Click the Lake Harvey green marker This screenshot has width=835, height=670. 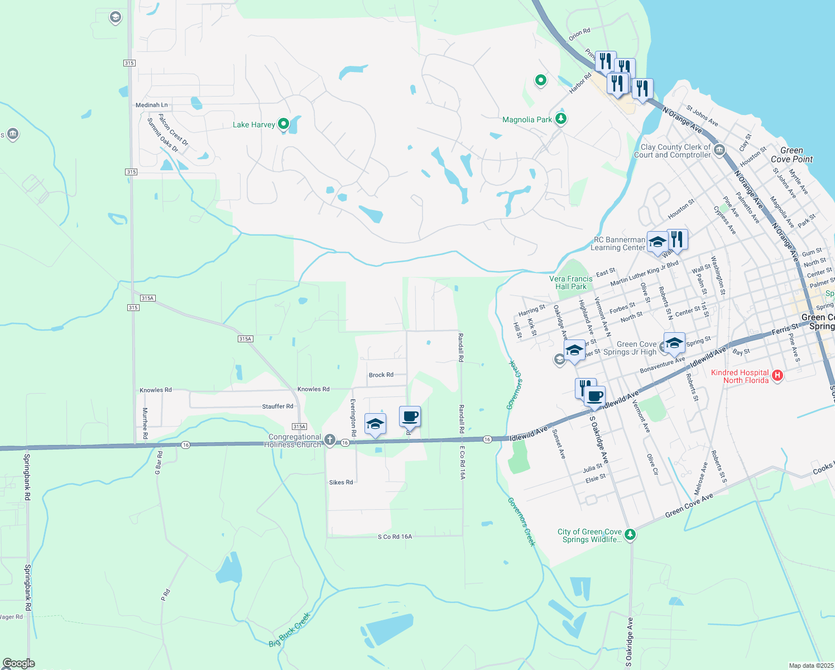click(x=283, y=123)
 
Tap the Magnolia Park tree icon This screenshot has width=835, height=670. click(x=561, y=119)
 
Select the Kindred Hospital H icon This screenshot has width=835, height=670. click(x=778, y=376)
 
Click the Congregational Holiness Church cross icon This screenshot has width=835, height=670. click(x=330, y=441)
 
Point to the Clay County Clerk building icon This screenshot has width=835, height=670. click(x=719, y=150)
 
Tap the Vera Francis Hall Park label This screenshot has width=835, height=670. click(x=571, y=283)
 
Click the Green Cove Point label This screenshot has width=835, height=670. click(x=791, y=155)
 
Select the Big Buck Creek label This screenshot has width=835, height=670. click(x=289, y=630)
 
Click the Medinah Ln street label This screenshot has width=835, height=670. click(x=151, y=105)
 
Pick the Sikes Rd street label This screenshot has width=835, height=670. click(x=341, y=482)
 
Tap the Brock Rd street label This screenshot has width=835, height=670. click(x=381, y=375)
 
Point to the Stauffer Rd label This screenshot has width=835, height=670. click(x=277, y=406)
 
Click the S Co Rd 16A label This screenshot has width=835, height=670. click(x=395, y=537)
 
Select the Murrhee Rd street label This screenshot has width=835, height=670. click(x=145, y=423)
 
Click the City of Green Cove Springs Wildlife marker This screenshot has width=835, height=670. click(x=630, y=534)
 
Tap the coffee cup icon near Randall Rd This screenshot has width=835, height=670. click(x=410, y=417)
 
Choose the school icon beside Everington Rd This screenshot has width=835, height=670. click(x=375, y=424)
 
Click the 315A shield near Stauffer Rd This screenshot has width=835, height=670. click(x=299, y=427)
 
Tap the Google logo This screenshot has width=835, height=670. click(x=19, y=663)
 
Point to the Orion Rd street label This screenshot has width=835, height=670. click(x=579, y=35)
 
